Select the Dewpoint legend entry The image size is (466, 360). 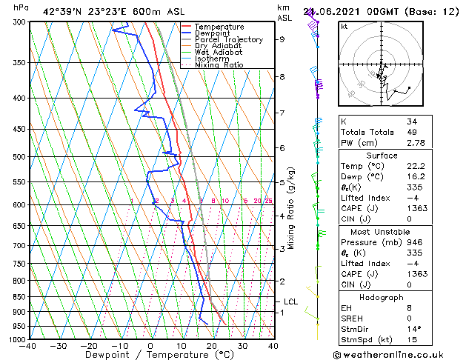[x=214, y=33]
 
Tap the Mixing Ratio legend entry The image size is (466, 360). [x=219, y=65]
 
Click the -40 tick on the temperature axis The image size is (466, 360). [x=29, y=346]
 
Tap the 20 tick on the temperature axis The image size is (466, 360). [x=211, y=346]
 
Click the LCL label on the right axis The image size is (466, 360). [x=291, y=302]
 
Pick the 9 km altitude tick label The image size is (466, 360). [x=282, y=39]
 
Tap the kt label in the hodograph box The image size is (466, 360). [x=344, y=26]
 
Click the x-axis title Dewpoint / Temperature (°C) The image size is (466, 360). [x=150, y=355]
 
